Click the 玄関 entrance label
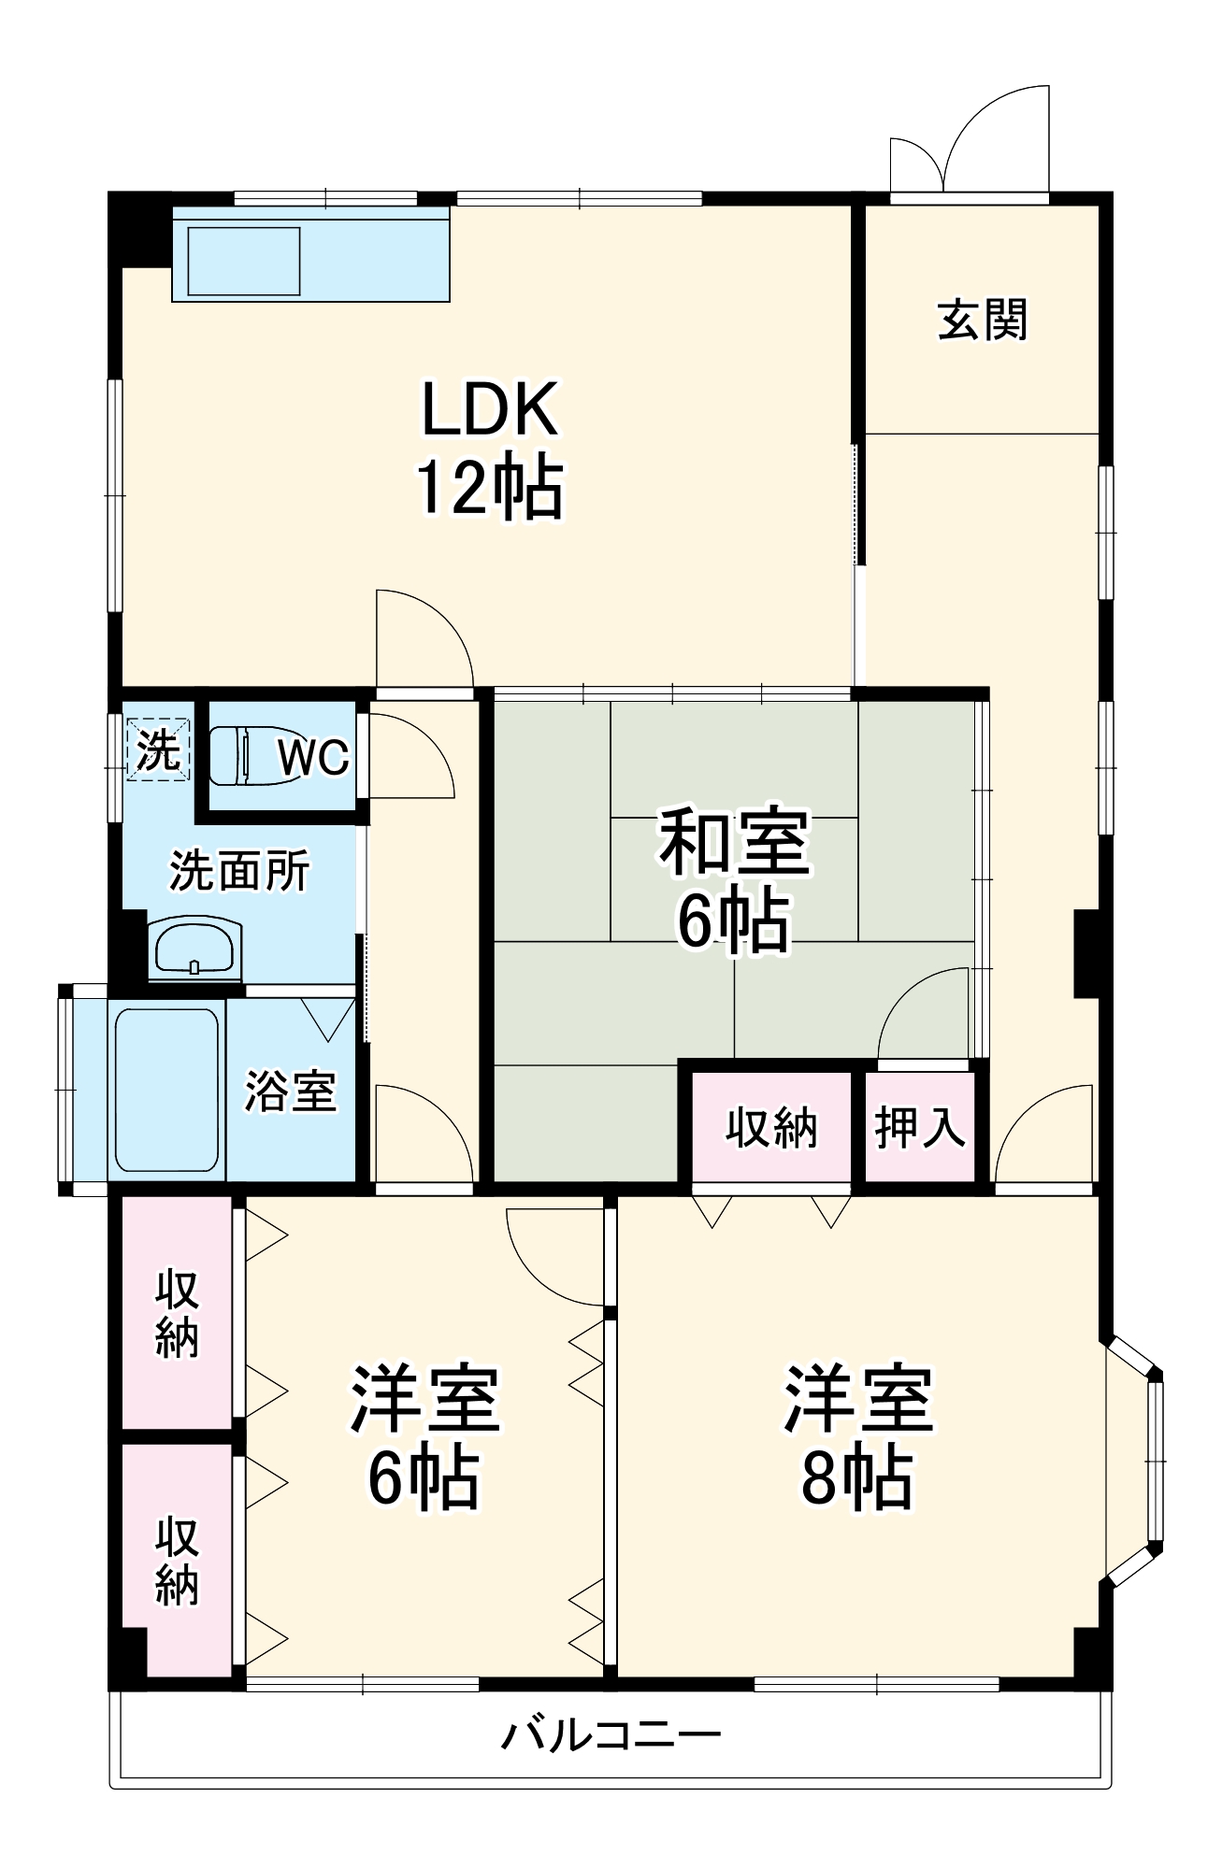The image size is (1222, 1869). pos(982,320)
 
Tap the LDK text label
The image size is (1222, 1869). pos(490,409)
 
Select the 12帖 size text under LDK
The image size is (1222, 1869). pos(490,487)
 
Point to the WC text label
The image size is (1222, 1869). pos(314,756)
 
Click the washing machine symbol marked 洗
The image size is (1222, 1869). pos(158,749)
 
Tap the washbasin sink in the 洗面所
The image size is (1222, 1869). pos(194,948)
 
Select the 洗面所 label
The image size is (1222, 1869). pos(239,871)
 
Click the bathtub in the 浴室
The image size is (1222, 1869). pos(166,1090)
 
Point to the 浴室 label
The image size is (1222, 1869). pos(290,1091)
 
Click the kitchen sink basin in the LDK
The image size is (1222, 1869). pos(245,259)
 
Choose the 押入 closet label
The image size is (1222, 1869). pos(919,1127)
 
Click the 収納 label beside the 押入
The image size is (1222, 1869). pos(771,1127)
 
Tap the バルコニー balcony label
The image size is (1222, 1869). pos(611,1735)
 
